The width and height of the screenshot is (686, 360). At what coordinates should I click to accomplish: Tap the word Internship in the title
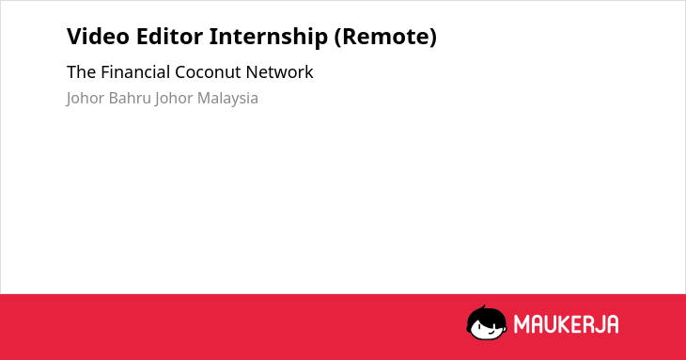pos(268,38)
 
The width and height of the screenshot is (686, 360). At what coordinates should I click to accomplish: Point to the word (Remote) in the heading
pos(385,38)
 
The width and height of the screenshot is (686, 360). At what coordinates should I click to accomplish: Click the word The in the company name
pos(82,72)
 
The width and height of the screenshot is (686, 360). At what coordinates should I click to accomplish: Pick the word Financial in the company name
pos(135,72)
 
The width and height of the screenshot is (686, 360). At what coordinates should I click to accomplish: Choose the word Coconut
pos(208,72)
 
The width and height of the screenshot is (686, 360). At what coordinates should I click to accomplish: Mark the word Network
pos(279,72)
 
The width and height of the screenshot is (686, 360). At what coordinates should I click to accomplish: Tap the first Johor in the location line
pos(86,99)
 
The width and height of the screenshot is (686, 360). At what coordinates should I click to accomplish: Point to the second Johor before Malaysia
pos(174,99)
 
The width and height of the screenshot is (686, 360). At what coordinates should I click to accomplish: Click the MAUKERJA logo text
pos(566,324)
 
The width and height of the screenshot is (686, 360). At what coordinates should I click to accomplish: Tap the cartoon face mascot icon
pos(487,322)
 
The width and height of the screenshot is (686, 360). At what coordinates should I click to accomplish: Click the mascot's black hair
pos(486,314)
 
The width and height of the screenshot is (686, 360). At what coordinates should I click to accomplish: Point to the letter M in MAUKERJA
pos(522,324)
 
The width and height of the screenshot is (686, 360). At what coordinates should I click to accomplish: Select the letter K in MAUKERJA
pos(564,324)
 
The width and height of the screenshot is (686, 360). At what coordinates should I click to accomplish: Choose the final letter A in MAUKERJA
pos(612,324)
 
